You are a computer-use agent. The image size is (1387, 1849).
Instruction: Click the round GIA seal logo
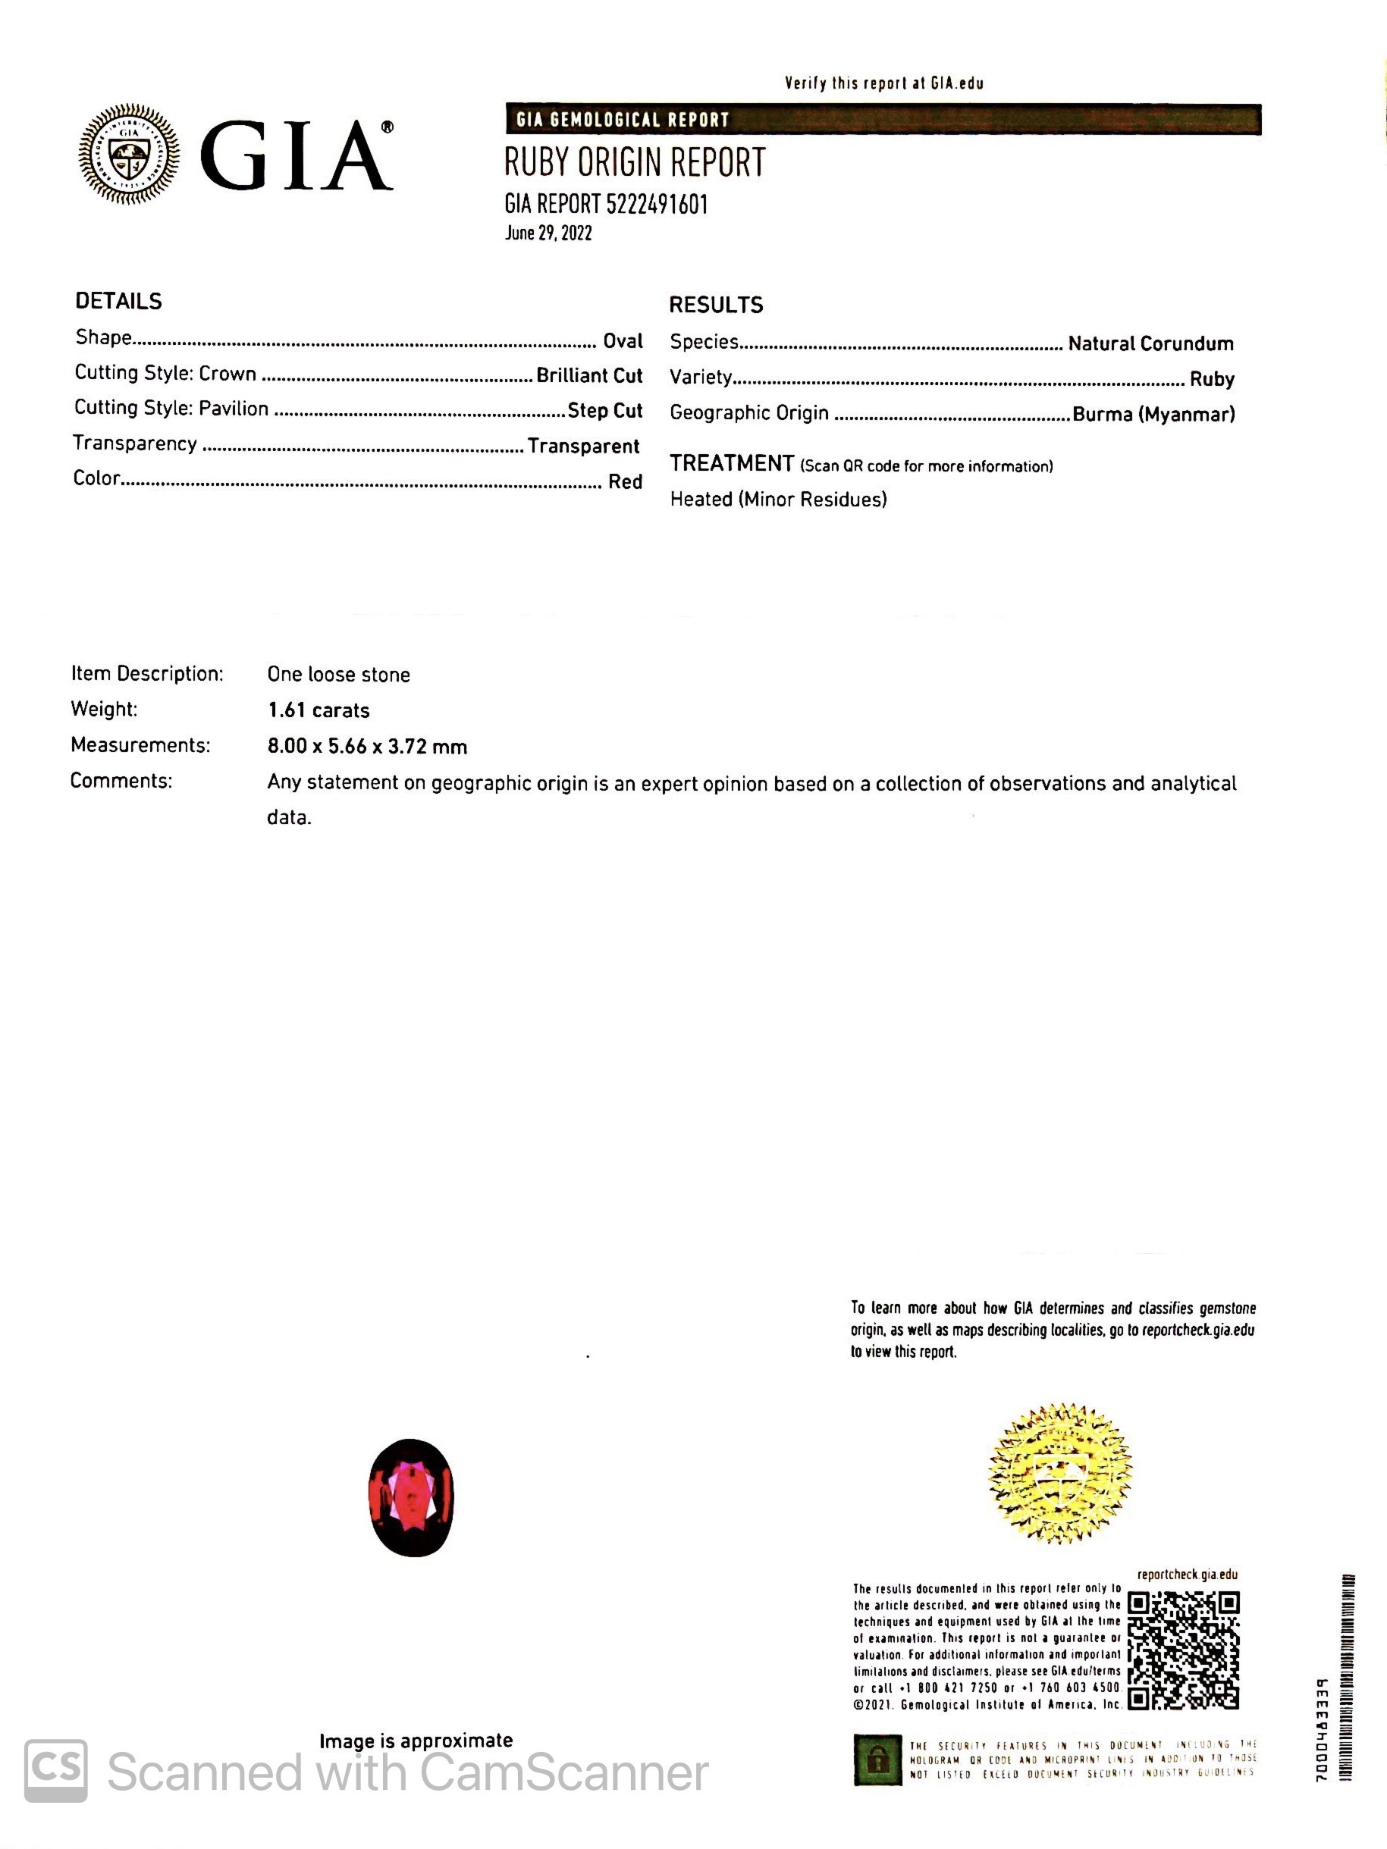pos(129,154)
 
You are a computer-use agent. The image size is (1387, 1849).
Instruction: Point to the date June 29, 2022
pos(548,233)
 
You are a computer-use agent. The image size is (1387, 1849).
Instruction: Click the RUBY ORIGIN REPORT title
pos(635,163)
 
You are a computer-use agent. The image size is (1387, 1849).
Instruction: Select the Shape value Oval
pos(623,341)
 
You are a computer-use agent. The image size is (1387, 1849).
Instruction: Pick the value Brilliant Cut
pos(589,375)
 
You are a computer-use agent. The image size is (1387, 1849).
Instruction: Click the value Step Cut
pos(604,410)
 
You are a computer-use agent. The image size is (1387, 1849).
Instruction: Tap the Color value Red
pos(625,481)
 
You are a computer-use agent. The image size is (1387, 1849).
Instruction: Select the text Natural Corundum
pos(1150,343)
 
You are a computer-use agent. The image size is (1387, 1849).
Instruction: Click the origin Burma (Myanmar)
pos(1153,414)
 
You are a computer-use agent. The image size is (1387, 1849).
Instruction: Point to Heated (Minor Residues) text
pos(778,500)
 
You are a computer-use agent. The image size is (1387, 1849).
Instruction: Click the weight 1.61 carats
pos(319,710)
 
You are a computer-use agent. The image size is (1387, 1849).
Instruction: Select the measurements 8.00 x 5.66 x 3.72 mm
pos(367,747)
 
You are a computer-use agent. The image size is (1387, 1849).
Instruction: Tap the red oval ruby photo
pos(411,1497)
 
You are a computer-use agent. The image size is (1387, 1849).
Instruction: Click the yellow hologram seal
pos(1059,1473)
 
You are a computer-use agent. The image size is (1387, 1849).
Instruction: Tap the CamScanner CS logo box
pos(55,1770)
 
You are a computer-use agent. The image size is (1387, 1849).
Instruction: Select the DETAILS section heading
pos(119,302)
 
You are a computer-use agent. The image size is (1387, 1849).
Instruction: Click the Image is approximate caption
pos(416,1741)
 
